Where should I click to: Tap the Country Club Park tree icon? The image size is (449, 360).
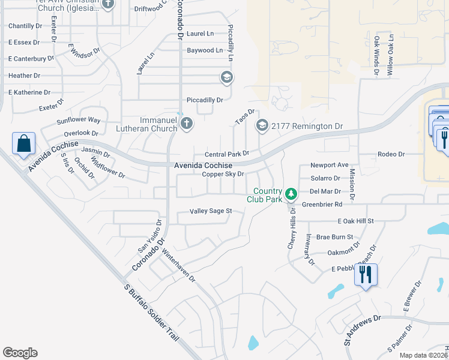[291, 193]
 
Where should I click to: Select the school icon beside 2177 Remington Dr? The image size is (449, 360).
[262, 126]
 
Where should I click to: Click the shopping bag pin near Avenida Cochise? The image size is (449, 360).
[23, 144]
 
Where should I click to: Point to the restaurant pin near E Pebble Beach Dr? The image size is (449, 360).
[366, 275]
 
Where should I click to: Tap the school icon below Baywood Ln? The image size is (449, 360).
[226, 77]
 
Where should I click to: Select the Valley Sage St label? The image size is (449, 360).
[211, 211]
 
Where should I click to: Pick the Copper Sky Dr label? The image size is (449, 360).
[223, 174]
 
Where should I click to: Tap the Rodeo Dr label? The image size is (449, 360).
[391, 154]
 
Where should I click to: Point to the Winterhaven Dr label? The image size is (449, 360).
[179, 266]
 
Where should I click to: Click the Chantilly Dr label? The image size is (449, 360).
[25, 26]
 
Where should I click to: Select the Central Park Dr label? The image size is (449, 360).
[226, 154]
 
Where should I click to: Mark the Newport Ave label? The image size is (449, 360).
[329, 165]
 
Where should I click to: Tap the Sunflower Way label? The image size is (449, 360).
[79, 120]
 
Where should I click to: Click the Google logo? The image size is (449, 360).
[20, 353]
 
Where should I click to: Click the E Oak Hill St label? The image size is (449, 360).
[355, 221]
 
